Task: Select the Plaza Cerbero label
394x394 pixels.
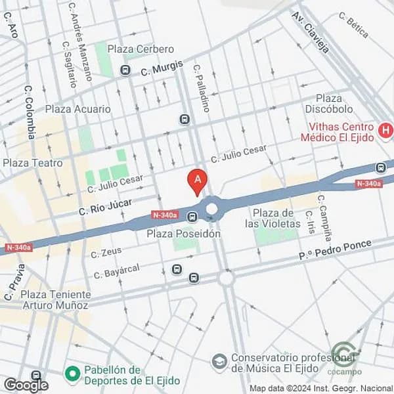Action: (x=141, y=49)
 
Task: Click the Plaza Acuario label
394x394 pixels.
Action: (x=77, y=109)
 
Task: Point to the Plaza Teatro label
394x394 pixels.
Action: (x=33, y=163)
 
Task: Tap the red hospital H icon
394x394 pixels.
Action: (x=385, y=129)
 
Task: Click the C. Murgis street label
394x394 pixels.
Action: (x=162, y=68)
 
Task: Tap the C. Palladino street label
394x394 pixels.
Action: (x=201, y=87)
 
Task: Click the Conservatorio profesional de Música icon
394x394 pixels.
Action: (x=219, y=362)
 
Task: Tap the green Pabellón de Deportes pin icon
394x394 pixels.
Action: (x=72, y=374)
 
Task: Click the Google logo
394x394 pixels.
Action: (x=26, y=385)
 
